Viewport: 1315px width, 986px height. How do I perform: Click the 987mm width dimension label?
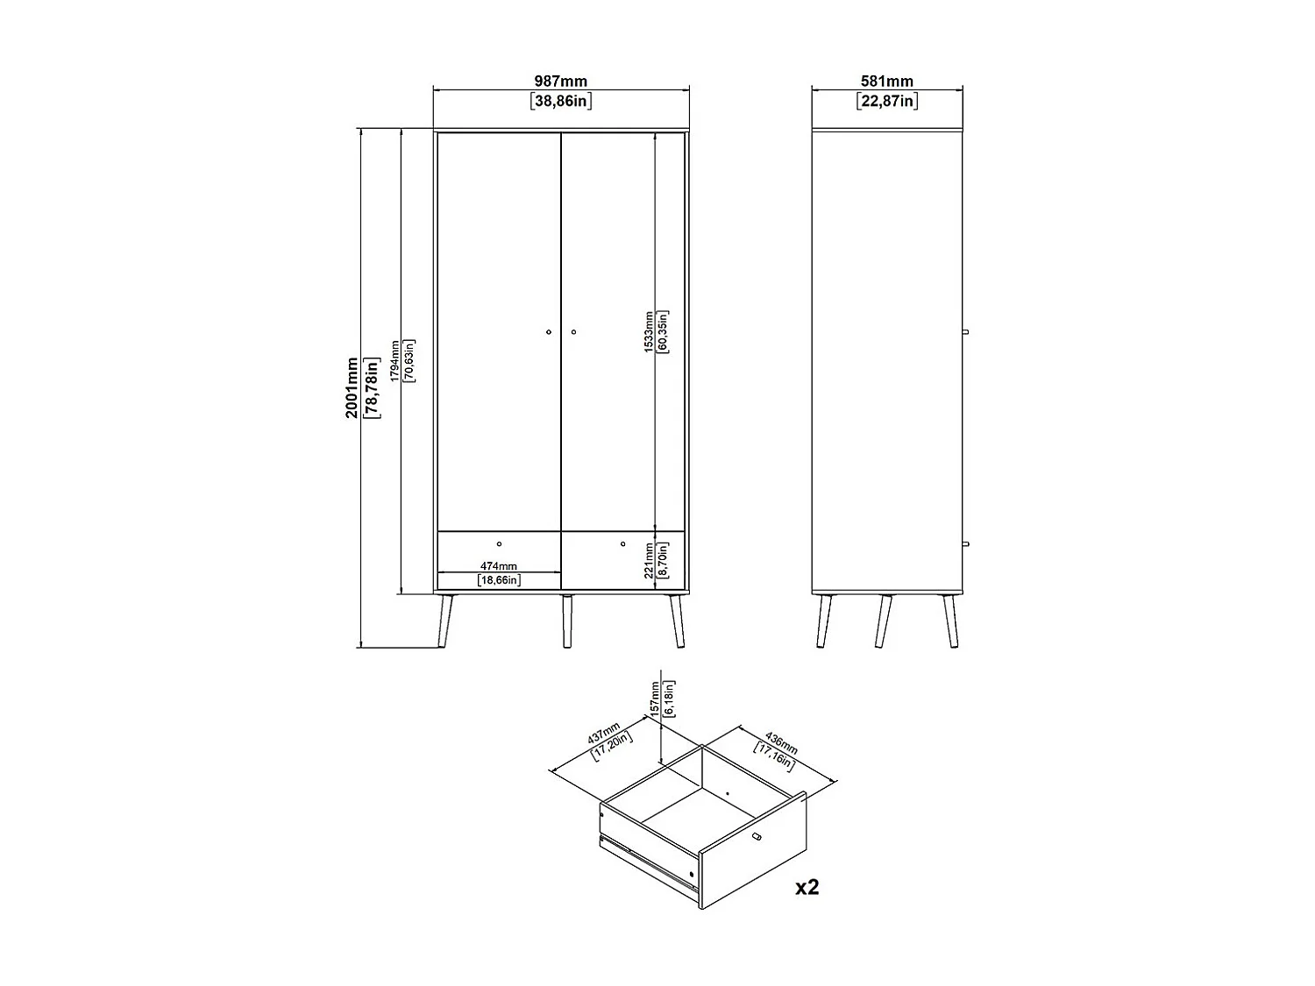[561, 82]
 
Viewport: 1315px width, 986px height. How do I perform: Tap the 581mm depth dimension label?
[886, 82]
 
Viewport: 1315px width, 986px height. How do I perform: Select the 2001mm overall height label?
[352, 387]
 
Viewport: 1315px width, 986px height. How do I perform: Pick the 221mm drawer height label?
[649, 560]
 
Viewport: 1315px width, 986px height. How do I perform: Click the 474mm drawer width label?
[498, 566]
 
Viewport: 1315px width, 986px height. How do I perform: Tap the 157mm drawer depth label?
[654, 699]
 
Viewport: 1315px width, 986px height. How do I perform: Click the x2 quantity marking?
[807, 887]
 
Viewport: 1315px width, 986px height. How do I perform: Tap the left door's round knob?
[548, 332]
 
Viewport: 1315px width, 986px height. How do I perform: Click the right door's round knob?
[573, 332]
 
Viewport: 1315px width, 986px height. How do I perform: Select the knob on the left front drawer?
[499, 544]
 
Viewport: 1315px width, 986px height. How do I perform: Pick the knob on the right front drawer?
[623, 544]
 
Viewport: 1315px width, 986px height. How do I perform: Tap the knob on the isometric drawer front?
[757, 839]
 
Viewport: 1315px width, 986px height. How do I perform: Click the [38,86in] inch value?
[561, 101]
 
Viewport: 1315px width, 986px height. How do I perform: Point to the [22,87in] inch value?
[886, 101]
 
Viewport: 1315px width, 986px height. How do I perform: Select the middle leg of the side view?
[882, 621]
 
